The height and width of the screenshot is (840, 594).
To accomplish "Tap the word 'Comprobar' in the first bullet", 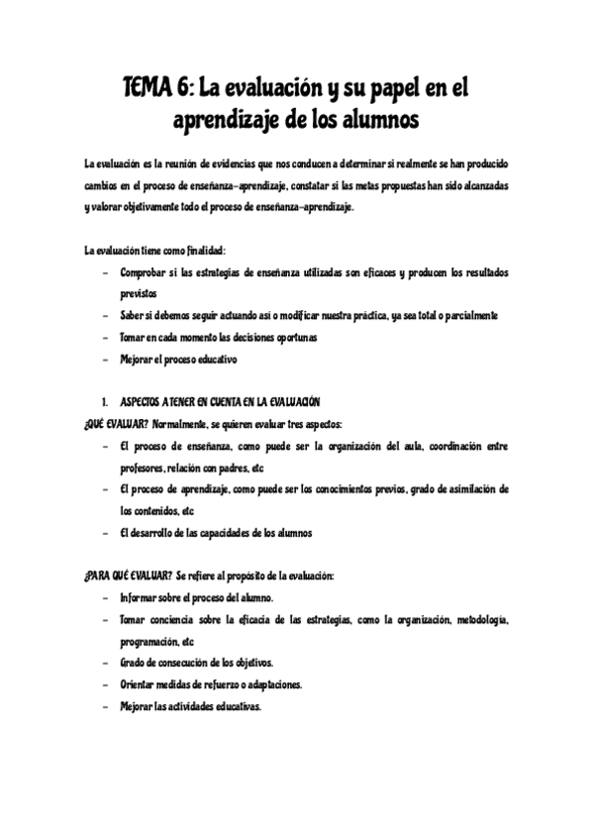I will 142,271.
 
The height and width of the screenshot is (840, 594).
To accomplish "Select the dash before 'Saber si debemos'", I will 104,316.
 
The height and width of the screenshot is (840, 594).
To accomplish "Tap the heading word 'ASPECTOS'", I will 145,401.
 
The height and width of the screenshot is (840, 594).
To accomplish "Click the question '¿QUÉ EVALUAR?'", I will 117,423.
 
